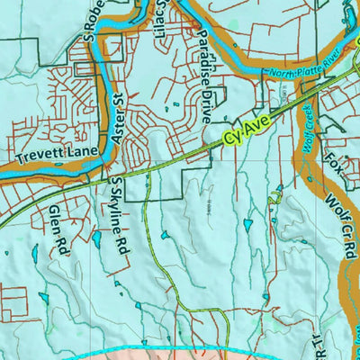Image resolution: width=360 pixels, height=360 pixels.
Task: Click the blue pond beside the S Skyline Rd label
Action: click(95, 239)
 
